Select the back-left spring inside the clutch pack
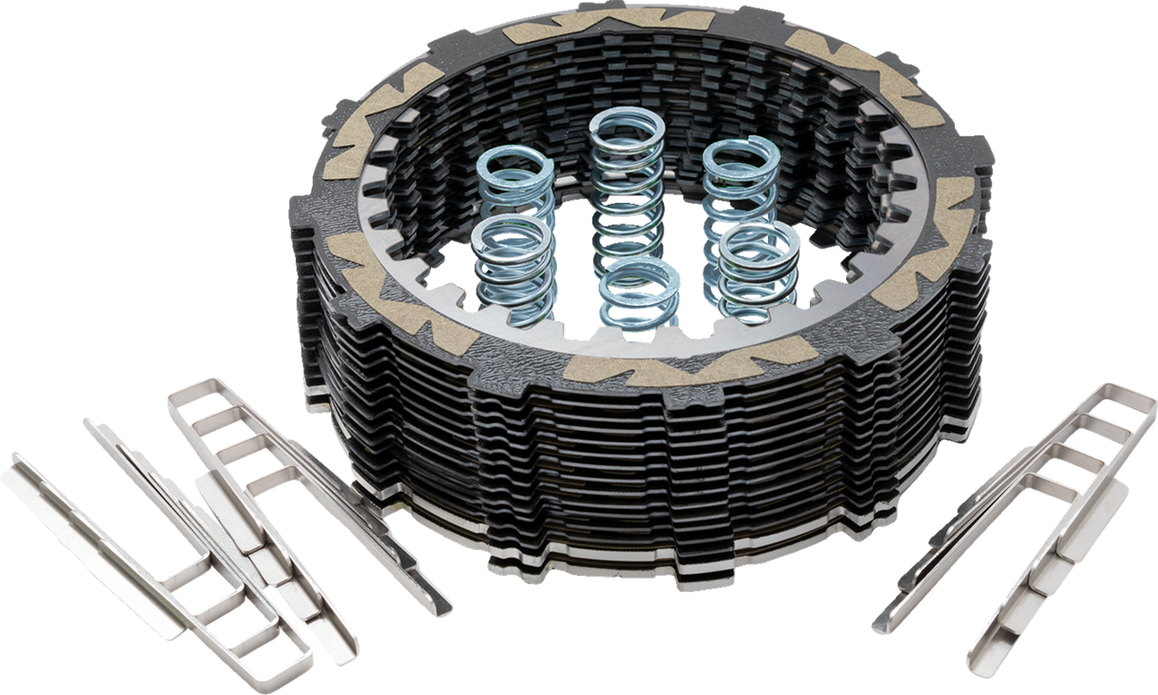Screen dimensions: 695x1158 point(515,181)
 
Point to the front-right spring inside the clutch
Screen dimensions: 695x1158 point(758,267)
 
